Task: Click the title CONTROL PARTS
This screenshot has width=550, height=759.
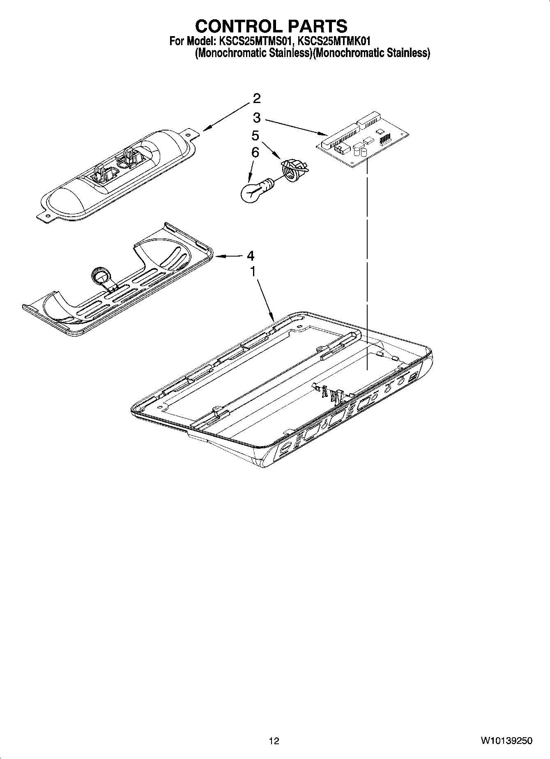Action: click(x=271, y=26)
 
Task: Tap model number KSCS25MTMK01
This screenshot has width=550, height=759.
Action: click(x=334, y=41)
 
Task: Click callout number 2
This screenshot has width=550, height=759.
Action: click(x=256, y=99)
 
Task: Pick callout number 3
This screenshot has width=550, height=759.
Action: click(x=256, y=118)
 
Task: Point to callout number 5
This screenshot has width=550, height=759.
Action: click(x=255, y=135)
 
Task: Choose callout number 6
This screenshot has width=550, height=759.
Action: click(x=255, y=152)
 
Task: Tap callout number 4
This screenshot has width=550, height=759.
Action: click(x=250, y=256)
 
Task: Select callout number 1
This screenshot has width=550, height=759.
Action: click(x=253, y=271)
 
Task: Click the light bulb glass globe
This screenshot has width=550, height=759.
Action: click(x=251, y=192)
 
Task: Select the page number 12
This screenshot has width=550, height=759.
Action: click(x=274, y=741)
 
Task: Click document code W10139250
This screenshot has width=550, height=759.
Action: click(x=507, y=741)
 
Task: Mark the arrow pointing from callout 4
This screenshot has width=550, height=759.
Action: click(x=228, y=256)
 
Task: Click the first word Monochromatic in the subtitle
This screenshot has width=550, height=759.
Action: click(x=230, y=53)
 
